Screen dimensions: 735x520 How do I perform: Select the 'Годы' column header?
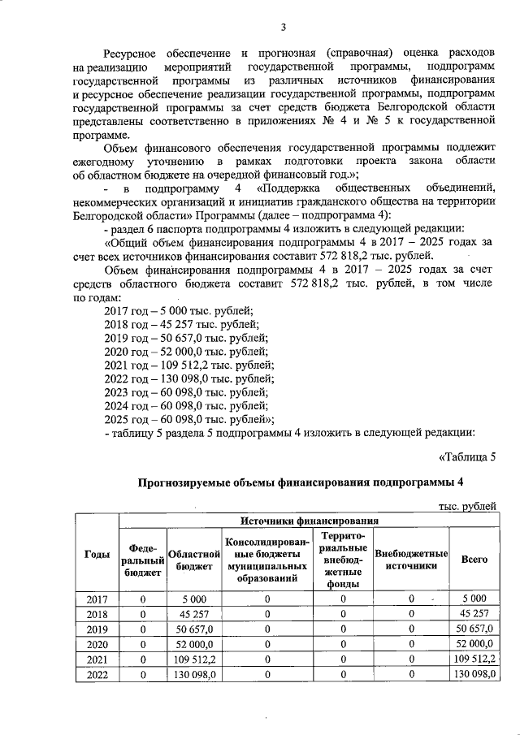point(97,554)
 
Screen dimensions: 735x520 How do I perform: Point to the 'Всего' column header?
point(474,560)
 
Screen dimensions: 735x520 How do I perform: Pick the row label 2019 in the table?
point(97,629)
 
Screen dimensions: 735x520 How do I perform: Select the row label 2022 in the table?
point(97,673)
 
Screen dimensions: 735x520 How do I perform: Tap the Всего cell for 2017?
point(474,599)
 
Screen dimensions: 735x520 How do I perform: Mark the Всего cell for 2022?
point(474,673)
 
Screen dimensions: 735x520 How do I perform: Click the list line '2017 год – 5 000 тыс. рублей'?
point(180,310)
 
